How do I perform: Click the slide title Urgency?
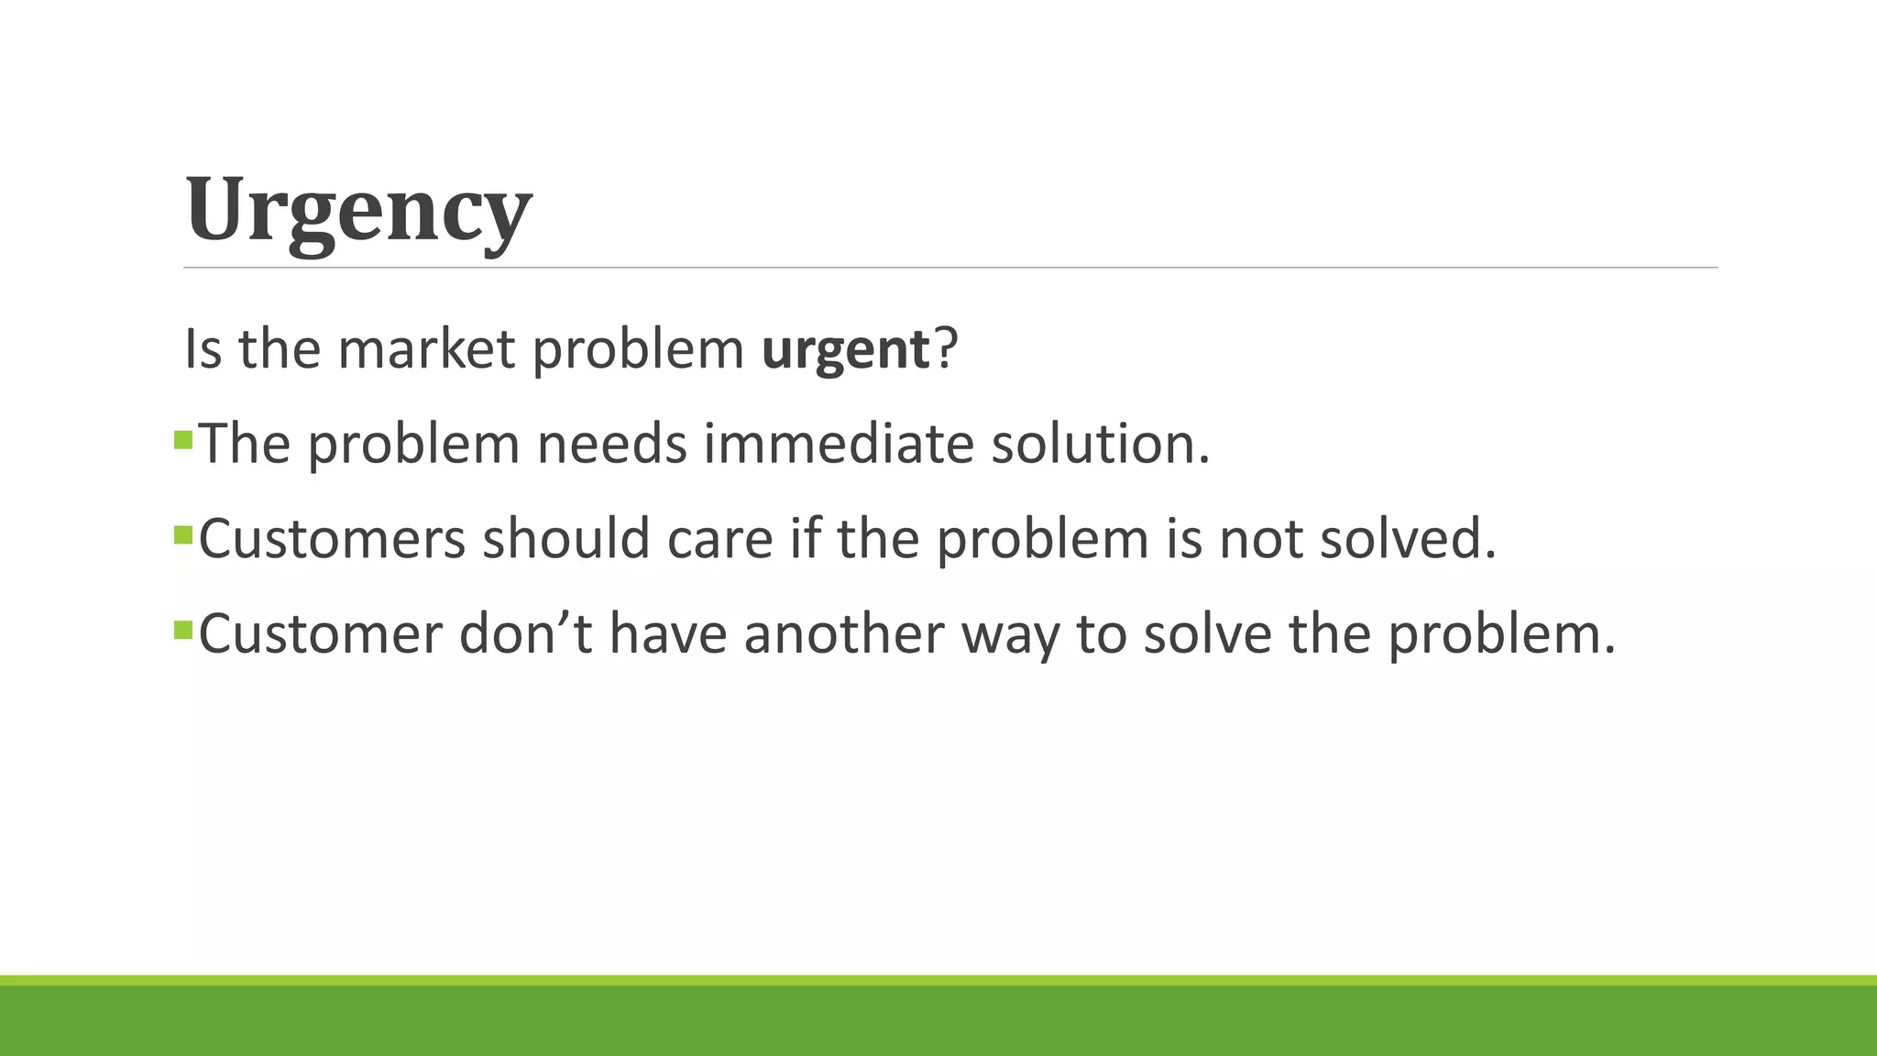tap(357, 210)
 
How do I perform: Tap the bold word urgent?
tap(845, 349)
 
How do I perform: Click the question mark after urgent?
tap(945, 349)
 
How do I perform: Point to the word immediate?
tap(839, 444)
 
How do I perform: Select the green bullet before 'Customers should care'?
tap(182, 533)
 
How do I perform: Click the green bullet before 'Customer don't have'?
tap(182, 629)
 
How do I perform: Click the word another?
tap(843, 633)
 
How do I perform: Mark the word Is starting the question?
tap(203, 349)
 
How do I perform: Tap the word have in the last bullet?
tap(668, 633)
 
